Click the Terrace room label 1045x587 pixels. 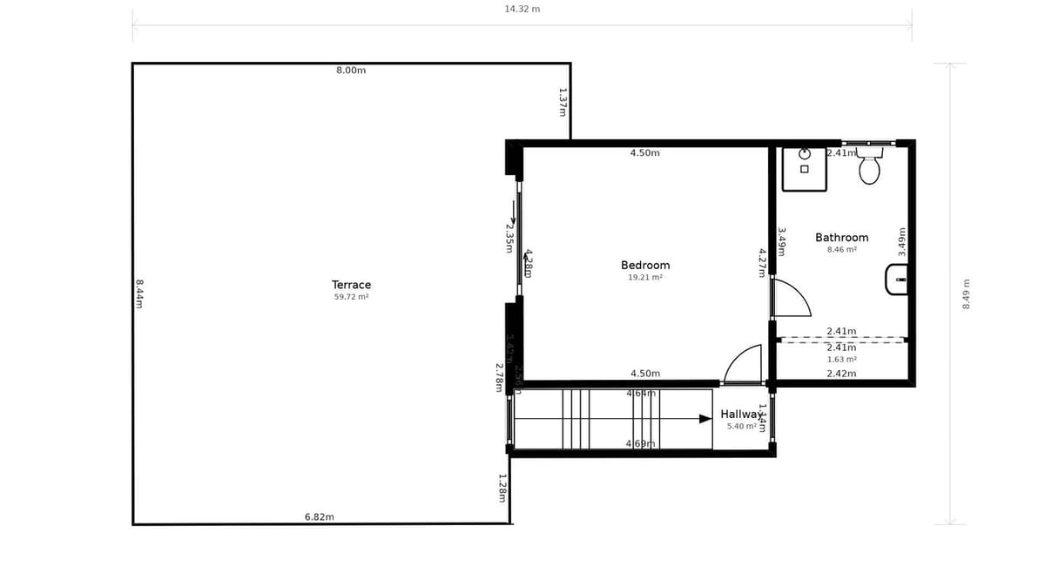tap(351, 285)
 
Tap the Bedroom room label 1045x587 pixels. tap(645, 266)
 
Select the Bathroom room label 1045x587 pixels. tap(841, 238)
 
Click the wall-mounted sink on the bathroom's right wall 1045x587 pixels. tap(897, 280)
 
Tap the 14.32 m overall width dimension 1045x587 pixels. tap(522, 10)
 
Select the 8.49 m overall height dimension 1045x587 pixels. tap(966, 293)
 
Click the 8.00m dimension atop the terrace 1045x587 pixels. tap(351, 71)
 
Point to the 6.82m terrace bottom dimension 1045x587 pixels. tap(320, 517)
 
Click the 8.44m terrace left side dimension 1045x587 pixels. tap(139, 293)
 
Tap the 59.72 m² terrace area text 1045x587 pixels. tap(351, 297)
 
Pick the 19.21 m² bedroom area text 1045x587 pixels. tap(645, 278)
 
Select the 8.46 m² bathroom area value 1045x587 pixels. tap(841, 250)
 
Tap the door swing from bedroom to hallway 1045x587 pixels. tap(743, 364)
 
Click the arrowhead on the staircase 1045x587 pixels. tap(705, 419)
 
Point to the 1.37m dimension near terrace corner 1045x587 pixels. tap(563, 102)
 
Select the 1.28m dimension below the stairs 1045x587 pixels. tap(502, 488)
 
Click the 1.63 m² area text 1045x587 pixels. tap(841, 360)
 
